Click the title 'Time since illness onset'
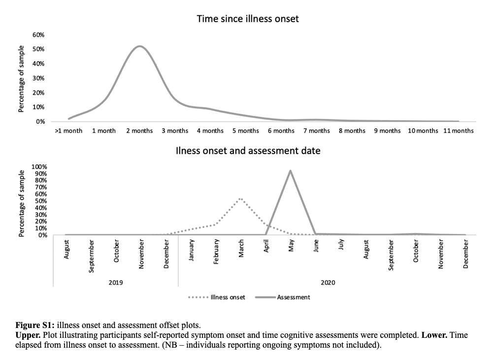(248, 19)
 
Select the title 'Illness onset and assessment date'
(248, 151)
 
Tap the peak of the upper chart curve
(140, 46)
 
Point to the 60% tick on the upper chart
(38, 35)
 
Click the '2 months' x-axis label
(139, 131)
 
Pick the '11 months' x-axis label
(458, 131)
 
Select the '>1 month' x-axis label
(68, 131)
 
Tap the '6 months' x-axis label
(281, 131)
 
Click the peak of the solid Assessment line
(291, 170)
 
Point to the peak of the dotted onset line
(240, 198)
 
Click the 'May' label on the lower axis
(291, 245)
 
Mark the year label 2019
(116, 283)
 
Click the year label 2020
(328, 283)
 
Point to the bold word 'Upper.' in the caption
(28, 335)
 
